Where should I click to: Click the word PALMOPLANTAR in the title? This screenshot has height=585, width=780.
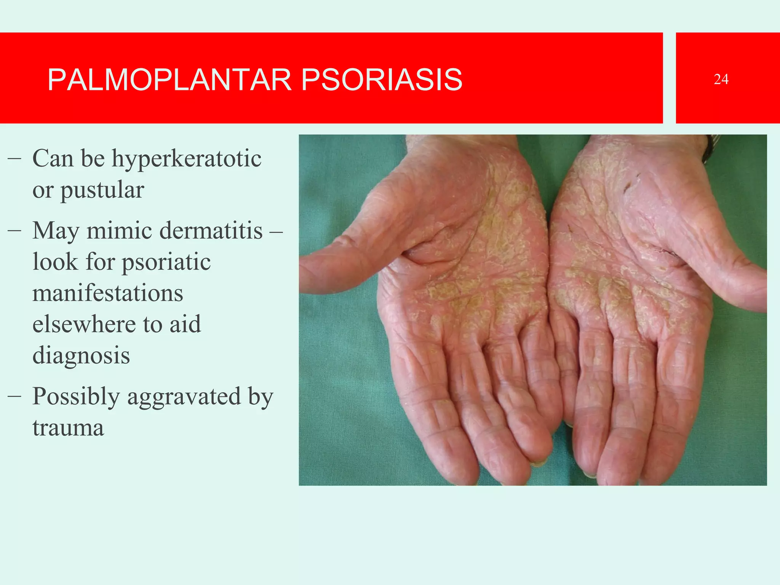point(169,80)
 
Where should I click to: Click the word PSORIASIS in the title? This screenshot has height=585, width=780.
point(382,80)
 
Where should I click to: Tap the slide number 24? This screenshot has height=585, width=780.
point(721,79)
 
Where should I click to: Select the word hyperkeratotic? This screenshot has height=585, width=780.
point(186,159)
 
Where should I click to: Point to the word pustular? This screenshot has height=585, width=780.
point(102,190)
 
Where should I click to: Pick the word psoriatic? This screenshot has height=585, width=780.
point(166,262)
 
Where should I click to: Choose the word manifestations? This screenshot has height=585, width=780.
point(108,293)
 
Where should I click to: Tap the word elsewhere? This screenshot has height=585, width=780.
point(84,324)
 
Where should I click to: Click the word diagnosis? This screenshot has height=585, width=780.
point(81,356)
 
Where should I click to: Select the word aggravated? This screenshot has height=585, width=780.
point(184,397)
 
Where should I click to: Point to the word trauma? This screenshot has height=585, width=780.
point(68,428)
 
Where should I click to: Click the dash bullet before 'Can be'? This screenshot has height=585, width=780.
point(14,159)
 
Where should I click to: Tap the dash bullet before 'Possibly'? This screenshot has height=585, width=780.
point(14,397)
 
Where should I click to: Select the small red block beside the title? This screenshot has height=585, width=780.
point(727,78)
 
